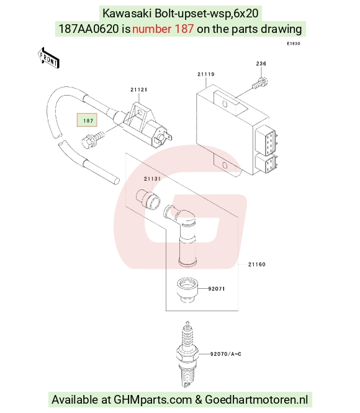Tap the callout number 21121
(x=139, y=89)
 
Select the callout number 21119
(x=206, y=74)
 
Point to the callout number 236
(x=261, y=63)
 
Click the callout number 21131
(x=152, y=179)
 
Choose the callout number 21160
(x=257, y=264)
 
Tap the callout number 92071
(x=217, y=289)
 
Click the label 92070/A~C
(x=226, y=354)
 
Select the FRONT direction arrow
(x=48, y=58)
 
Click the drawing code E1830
(x=294, y=43)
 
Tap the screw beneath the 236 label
(x=260, y=83)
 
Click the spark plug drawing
(x=187, y=354)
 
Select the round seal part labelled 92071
(x=187, y=290)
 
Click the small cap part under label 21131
(x=148, y=199)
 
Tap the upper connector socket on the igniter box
(x=266, y=142)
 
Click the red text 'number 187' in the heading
(x=163, y=29)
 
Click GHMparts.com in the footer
(x=153, y=400)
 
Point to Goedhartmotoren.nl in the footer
(x=256, y=399)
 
